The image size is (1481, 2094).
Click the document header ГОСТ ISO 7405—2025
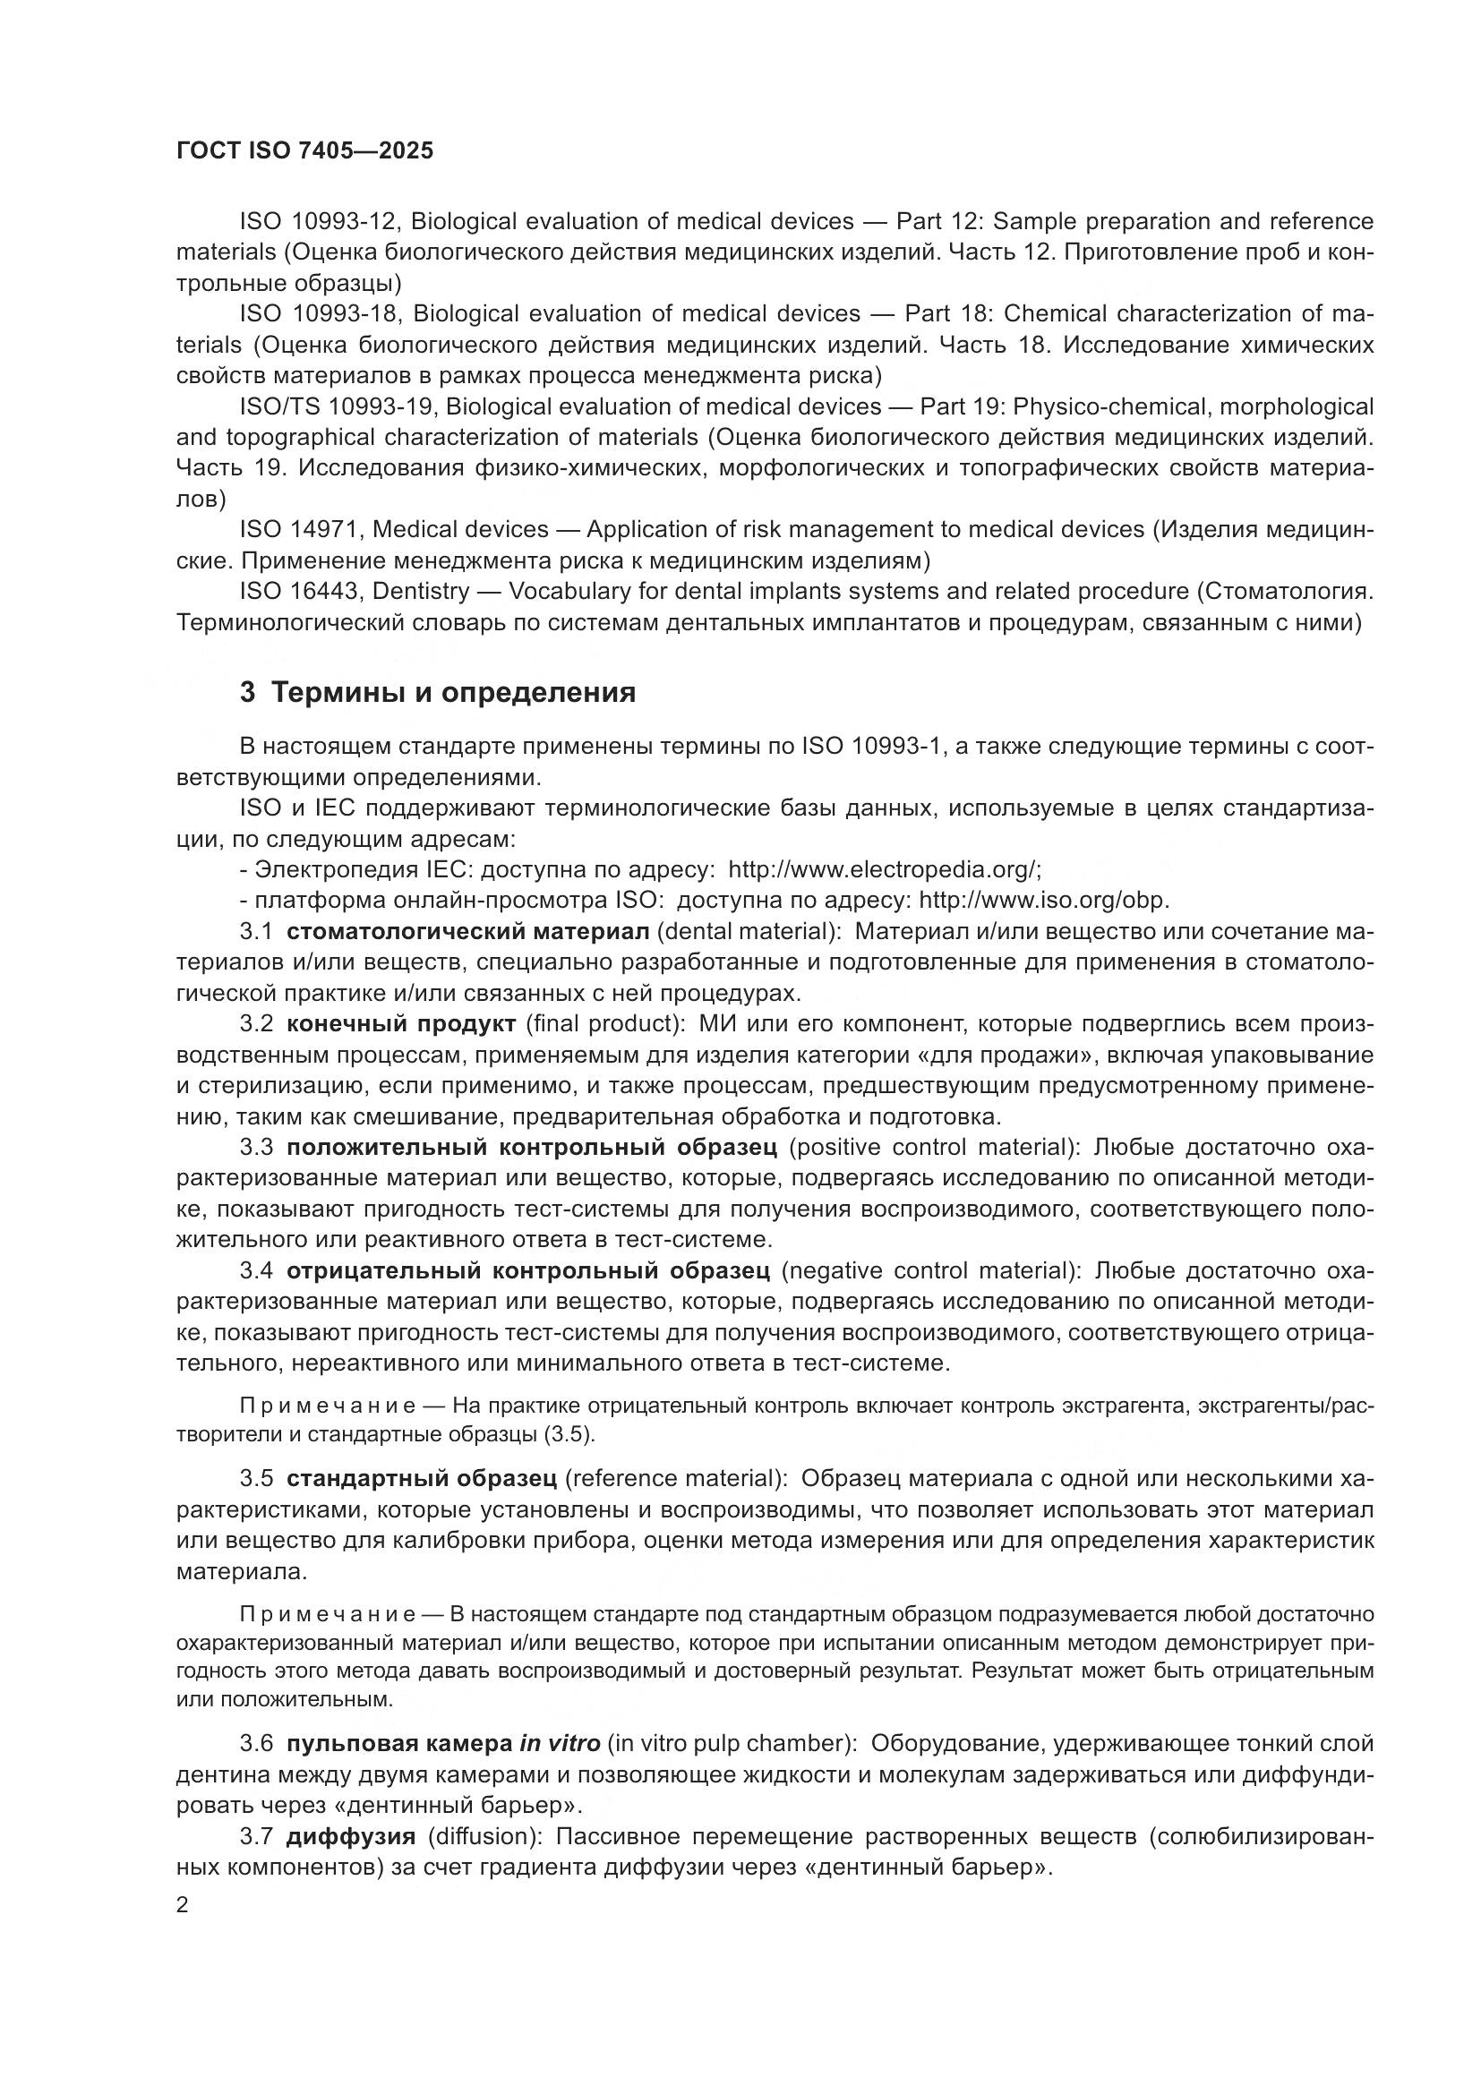304,151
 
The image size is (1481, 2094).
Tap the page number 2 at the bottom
183,1905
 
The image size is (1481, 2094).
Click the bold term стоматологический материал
467,931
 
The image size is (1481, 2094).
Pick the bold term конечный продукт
401,1024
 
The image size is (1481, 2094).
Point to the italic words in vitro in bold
559,1744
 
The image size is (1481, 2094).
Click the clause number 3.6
256,1744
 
